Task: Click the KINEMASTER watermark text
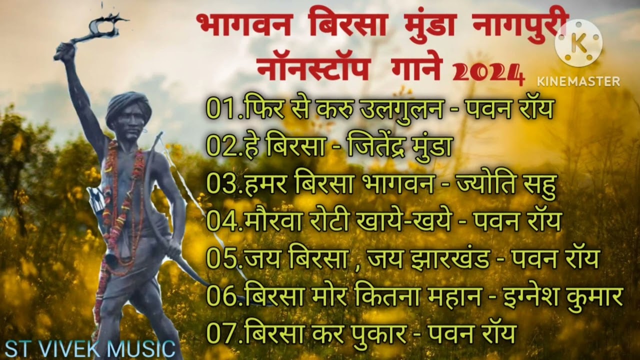pyautogui.click(x=578, y=81)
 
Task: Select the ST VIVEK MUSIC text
pyautogui.click(x=88, y=348)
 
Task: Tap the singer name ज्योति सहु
pyautogui.click(x=506, y=184)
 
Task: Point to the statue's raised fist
pyautogui.click(x=64, y=51)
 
